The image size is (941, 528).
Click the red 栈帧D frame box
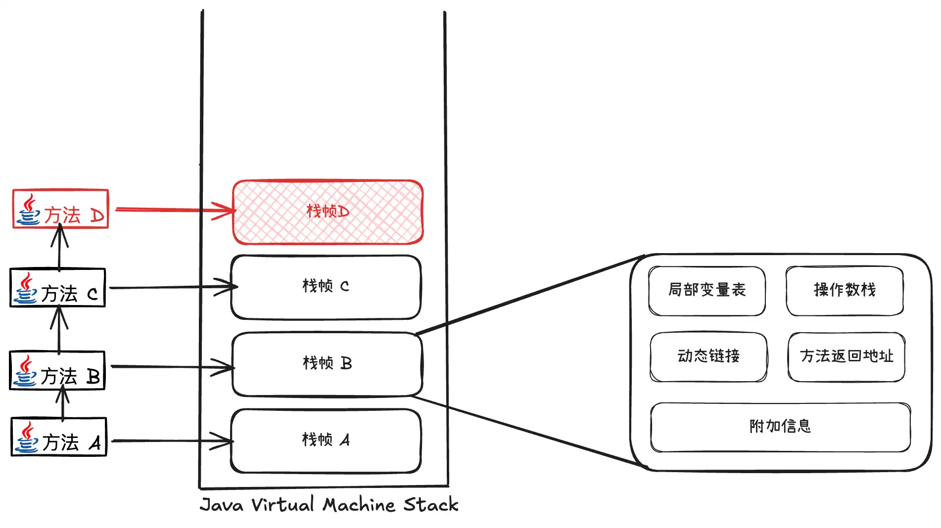tap(328, 212)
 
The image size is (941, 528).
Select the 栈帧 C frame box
tap(326, 287)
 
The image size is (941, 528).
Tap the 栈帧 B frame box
tap(327, 364)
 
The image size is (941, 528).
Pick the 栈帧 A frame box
tap(326, 440)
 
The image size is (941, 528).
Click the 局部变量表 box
tap(706, 290)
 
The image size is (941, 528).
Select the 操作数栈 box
tap(845, 290)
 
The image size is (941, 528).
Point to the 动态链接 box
tap(708, 356)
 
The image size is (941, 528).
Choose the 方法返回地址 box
tap(847, 356)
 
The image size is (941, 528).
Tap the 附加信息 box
tap(780, 427)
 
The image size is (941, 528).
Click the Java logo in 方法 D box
tap(29, 210)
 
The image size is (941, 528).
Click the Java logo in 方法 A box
tap(27, 438)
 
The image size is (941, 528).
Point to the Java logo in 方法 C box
tap(26, 288)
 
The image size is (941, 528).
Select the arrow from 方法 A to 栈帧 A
tap(168, 440)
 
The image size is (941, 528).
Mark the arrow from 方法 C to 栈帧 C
tap(168, 287)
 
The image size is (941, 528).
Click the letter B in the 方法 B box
tap(93, 377)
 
